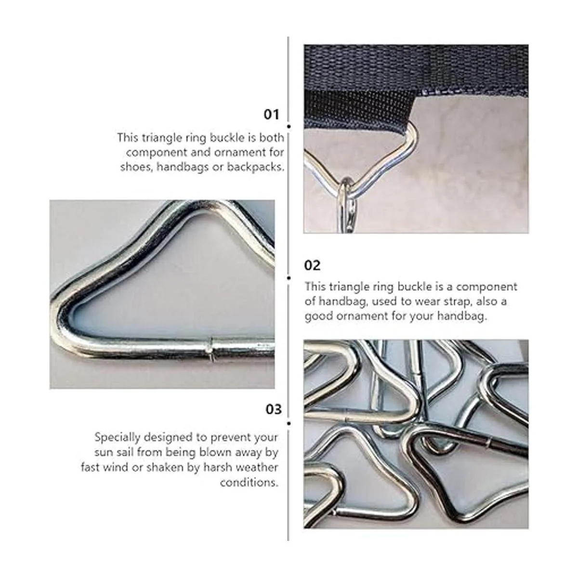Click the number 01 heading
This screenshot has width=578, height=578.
tap(271, 114)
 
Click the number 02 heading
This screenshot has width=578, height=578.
tap(312, 265)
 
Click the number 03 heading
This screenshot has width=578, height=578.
tap(274, 409)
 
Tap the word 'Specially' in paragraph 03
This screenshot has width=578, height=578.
tap(117, 438)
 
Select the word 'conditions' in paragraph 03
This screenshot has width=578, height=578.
tap(249, 483)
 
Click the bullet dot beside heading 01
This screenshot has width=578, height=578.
tap(289, 127)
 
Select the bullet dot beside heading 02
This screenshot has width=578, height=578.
tap(289, 278)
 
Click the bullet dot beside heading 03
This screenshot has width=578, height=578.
tap(289, 423)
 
